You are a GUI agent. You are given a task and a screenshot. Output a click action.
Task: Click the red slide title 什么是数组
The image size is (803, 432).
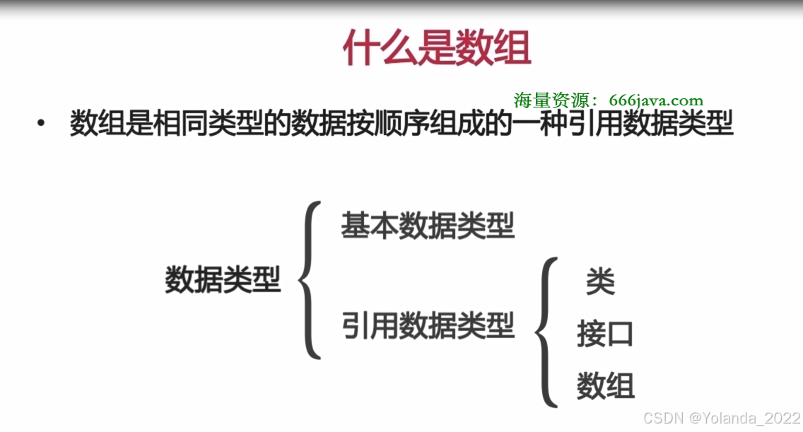click(x=436, y=48)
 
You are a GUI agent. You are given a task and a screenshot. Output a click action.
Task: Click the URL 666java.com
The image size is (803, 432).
click(x=656, y=101)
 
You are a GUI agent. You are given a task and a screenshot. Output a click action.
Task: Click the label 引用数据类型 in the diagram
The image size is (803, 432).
click(x=428, y=326)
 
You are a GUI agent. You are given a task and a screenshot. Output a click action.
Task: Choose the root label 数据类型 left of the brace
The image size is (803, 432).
click(x=223, y=279)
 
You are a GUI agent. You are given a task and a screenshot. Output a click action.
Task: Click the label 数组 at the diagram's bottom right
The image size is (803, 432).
click(x=605, y=386)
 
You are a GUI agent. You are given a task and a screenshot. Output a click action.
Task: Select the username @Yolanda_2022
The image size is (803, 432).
click(x=745, y=418)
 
